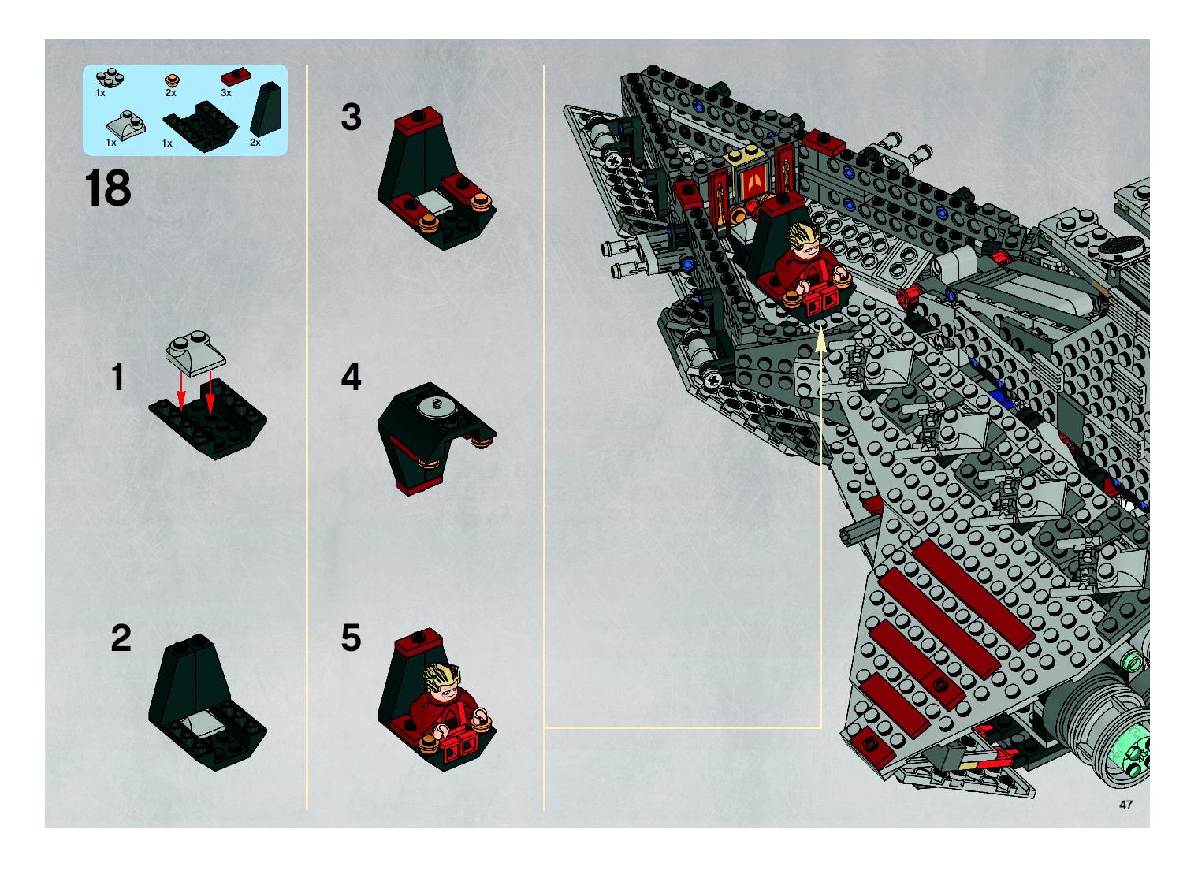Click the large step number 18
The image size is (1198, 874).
point(108,189)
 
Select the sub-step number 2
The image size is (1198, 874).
point(121,639)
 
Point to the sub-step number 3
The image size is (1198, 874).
point(351,117)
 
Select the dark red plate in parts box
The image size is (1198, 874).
point(236,77)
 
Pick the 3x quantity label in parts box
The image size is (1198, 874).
point(226,93)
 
